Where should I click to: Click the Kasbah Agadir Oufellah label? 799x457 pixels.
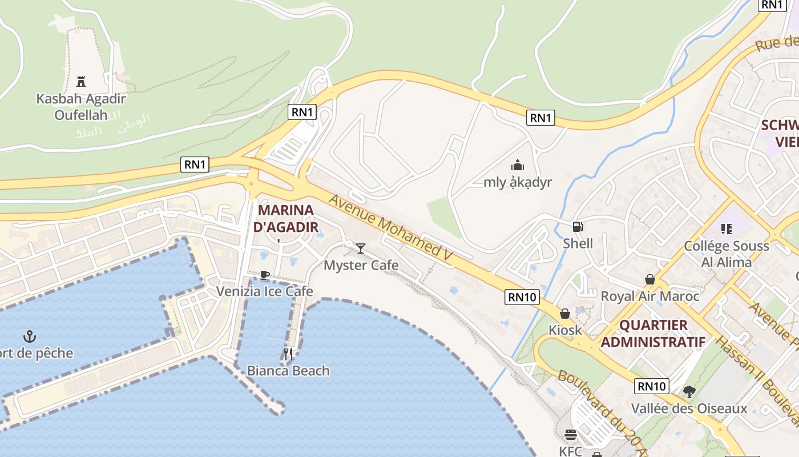click(x=80, y=106)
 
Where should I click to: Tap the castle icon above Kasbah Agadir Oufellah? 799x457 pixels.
click(x=81, y=81)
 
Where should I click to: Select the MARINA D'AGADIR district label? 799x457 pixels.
click(x=285, y=218)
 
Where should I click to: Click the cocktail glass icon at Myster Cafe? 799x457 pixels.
click(x=361, y=248)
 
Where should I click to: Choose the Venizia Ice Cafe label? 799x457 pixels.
click(x=264, y=291)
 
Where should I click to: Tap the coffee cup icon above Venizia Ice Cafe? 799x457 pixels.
click(x=264, y=275)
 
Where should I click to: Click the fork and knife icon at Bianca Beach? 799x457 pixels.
click(x=288, y=354)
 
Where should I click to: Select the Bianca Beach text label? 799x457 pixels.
click(x=288, y=371)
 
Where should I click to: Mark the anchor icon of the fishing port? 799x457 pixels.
click(x=29, y=336)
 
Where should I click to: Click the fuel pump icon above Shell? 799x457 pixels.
click(x=578, y=227)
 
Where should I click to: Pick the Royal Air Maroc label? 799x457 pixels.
click(x=650, y=296)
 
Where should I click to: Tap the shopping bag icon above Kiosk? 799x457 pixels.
click(x=565, y=314)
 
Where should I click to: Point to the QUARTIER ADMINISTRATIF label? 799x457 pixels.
click(x=653, y=334)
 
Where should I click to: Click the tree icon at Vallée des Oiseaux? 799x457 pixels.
click(x=689, y=392)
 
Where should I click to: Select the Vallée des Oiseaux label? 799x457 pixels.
click(x=689, y=408)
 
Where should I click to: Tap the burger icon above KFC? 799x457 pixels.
click(x=570, y=435)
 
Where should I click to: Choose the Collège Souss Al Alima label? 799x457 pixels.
click(x=727, y=254)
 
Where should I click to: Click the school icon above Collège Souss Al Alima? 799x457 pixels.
click(x=726, y=229)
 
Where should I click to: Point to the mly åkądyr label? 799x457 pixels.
click(x=518, y=182)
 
